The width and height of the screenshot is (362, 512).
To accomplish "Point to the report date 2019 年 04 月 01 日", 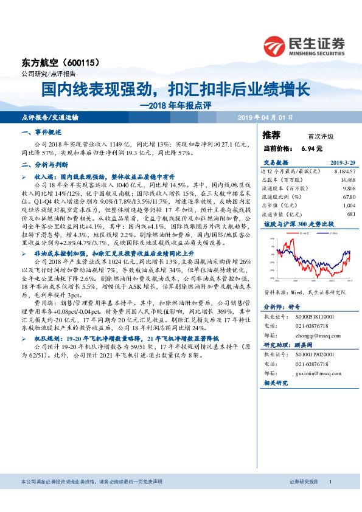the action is click(x=270, y=116).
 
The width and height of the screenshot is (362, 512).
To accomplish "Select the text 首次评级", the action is click(x=312, y=137).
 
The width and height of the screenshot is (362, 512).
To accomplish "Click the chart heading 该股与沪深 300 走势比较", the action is click(x=291, y=224).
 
